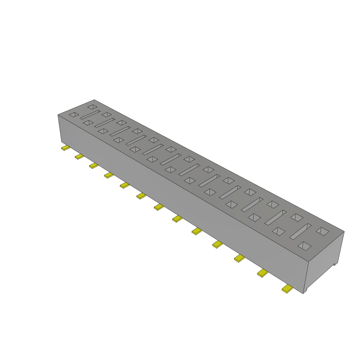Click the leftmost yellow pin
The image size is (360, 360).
click(x=65, y=148)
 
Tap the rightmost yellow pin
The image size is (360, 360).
click(x=287, y=289)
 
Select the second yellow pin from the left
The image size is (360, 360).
click(x=79, y=156)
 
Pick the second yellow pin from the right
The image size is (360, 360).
click(x=262, y=273)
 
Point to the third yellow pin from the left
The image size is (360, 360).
click(x=94, y=165)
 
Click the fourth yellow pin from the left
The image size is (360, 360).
click(x=109, y=175)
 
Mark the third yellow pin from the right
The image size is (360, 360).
click(x=239, y=258)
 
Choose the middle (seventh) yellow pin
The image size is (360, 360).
click(x=159, y=207)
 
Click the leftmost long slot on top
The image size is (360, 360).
click(x=90, y=115)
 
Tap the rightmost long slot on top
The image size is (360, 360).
click(x=301, y=231)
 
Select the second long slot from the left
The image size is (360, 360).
click(x=105, y=122)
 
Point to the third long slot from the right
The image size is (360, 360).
click(x=252, y=204)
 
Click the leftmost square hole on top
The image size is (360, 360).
click(x=74, y=115)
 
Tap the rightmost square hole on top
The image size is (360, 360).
click(x=322, y=231)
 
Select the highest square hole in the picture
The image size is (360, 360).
click(x=92, y=106)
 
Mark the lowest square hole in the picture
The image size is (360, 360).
click(x=304, y=246)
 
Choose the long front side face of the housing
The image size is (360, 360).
click(x=176, y=197)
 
